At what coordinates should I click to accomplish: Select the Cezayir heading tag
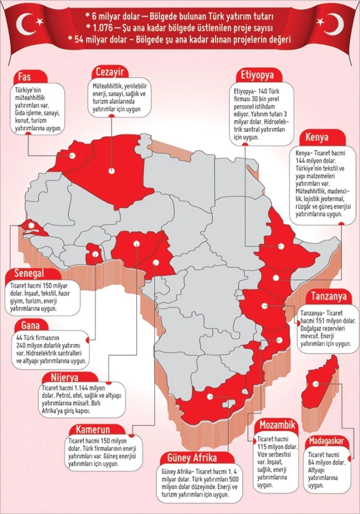tap(110, 73)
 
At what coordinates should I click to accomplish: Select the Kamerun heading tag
tap(89, 430)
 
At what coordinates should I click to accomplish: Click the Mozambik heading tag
tap(277, 425)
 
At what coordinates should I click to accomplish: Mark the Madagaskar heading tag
tap(326, 441)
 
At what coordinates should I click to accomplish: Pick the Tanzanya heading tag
tap(329, 297)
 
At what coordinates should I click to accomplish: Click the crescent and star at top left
tap(29, 24)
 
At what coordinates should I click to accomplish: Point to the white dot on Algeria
tap(112, 170)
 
